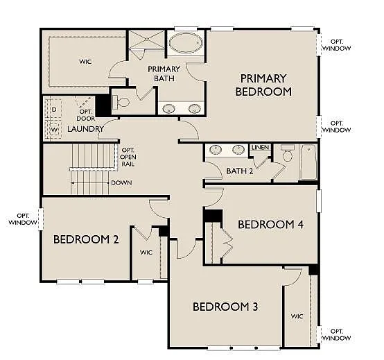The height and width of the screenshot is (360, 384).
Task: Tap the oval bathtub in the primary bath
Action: pos(184,43)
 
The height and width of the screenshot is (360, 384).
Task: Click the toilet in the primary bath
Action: pos(123,103)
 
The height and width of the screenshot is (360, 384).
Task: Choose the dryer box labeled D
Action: pos(53,110)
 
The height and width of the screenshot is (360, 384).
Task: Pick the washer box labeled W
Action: pos(53,130)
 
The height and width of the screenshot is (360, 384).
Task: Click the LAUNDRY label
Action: pos(86,129)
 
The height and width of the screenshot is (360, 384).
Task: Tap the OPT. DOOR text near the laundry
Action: pos(86,115)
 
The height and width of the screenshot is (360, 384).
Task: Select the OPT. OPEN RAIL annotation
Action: pos(129,157)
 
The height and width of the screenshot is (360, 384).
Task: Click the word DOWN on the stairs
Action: pos(121,183)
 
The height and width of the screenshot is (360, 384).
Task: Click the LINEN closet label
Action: pos(260,147)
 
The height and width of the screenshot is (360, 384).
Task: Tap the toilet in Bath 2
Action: pos(288,155)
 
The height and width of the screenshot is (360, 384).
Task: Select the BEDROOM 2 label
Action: pos(86,240)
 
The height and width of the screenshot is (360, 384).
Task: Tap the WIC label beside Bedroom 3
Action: pos(297,316)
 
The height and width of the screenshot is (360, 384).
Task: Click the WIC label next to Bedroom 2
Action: pos(146,252)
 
